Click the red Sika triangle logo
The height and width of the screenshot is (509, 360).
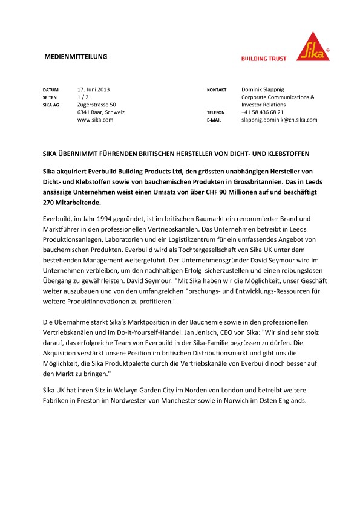coord(314,46)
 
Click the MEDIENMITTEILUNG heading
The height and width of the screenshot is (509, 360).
coord(76,57)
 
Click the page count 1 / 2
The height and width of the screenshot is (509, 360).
coord(83,97)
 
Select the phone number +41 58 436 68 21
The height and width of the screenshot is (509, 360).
coord(263,112)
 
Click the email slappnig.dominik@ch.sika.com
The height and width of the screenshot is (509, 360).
coord(280,120)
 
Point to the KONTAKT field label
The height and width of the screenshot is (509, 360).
coord(217,89)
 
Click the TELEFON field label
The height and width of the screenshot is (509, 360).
coord(216,113)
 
